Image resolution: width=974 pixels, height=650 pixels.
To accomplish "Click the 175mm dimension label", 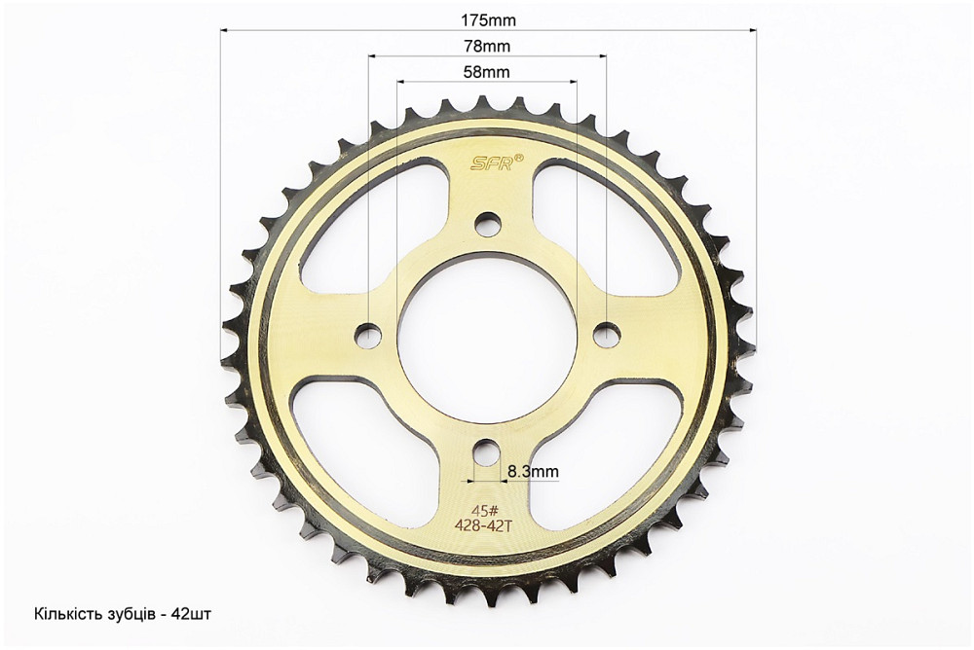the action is pyautogui.click(x=488, y=19).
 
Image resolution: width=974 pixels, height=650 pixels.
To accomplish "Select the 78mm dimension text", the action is pyautogui.click(x=487, y=46).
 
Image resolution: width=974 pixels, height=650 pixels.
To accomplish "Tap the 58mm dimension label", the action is pyautogui.click(x=486, y=72).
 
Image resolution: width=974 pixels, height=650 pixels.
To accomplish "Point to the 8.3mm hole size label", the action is pyautogui.click(x=533, y=471).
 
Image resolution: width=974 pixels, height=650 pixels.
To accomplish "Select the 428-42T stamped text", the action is pyautogui.click(x=483, y=525).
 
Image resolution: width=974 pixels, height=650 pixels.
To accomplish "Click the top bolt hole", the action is pyautogui.click(x=487, y=223).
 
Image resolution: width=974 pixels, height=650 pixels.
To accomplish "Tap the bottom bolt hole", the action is pyautogui.click(x=487, y=451).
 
